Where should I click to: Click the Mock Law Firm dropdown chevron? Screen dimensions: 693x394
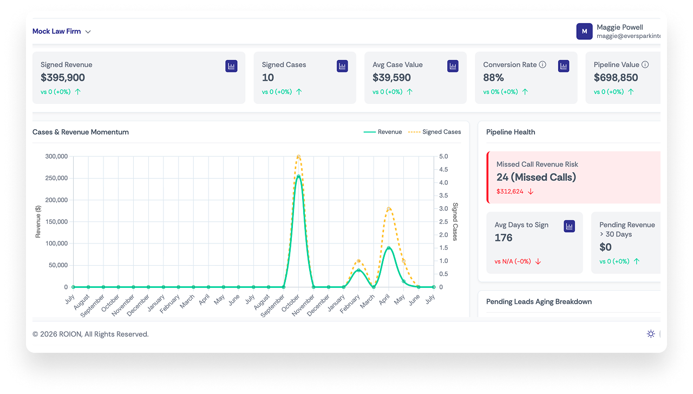pos(88,31)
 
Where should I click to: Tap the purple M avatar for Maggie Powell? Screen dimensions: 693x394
pos(584,31)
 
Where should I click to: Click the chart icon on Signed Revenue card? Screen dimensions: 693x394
pos(231,66)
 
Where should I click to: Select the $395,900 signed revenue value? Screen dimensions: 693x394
pos(63,77)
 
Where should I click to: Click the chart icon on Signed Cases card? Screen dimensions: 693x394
pos(342,66)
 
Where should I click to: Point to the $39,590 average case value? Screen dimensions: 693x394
pos(391,77)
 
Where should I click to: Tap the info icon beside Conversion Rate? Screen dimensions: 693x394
pos(542,64)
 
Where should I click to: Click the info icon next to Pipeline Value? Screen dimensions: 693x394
pos(645,64)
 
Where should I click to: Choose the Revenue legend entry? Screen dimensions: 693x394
pos(383,132)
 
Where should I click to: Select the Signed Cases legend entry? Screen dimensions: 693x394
pos(434,132)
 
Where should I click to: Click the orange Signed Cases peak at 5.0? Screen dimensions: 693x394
pos(298,156)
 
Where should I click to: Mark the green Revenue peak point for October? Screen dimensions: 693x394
pos(298,176)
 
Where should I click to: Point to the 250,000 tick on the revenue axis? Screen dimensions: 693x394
pos(57,178)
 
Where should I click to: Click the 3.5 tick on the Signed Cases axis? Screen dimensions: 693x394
pos(443,195)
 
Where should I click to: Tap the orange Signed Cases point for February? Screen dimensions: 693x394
pos(358,261)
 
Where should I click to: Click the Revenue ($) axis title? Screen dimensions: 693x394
pos(38,222)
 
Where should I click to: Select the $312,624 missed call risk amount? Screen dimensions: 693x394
pos(510,192)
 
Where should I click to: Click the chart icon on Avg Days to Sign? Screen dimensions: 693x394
pos(569,226)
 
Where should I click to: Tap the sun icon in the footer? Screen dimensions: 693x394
pos(651,334)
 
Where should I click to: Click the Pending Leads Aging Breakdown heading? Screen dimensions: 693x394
pos(539,301)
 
